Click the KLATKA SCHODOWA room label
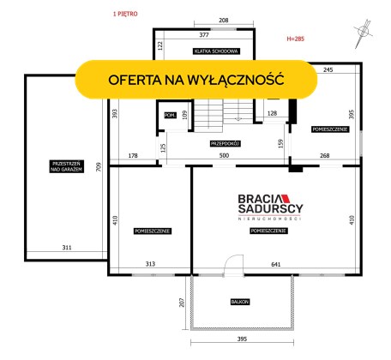click(216, 51)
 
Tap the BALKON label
click(240, 302)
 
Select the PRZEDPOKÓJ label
click(225, 144)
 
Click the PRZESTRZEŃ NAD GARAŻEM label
click(67, 166)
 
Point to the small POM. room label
click(170, 115)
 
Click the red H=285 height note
click(296, 39)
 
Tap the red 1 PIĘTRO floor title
click(125, 14)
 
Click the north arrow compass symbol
click(363, 33)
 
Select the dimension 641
click(276, 265)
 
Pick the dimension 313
click(150, 264)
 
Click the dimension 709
click(99, 167)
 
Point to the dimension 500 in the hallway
click(224, 155)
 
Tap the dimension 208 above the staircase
click(224, 21)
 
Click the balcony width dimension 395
click(242, 339)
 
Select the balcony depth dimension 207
click(182, 303)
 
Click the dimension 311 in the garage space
click(67, 248)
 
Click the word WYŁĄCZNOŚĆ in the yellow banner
click(236, 80)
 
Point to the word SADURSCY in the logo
click(270, 208)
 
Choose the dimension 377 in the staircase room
click(204, 35)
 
